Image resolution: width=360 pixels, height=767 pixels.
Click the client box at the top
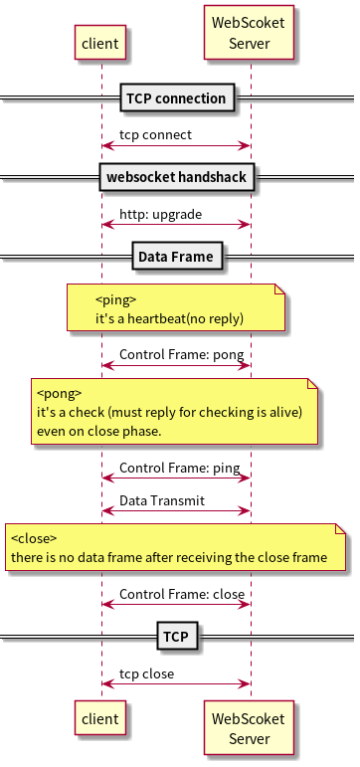pyautogui.click(x=100, y=43)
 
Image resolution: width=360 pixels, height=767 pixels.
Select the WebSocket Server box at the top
pyautogui.click(x=250, y=32)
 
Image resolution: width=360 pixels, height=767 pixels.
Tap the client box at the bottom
pyautogui.click(x=100, y=718)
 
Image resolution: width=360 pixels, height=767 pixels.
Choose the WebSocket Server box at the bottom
pyautogui.click(x=250, y=728)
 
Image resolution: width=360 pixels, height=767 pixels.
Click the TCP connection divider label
pyautogui.click(x=178, y=97)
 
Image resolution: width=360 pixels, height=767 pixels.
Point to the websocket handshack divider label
pyautogui.click(x=178, y=178)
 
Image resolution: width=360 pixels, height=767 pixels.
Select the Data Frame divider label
pyautogui.click(x=175, y=257)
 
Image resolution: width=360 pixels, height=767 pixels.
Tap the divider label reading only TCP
pyautogui.click(x=176, y=635)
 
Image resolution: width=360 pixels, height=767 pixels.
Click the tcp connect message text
pyautogui.click(x=156, y=134)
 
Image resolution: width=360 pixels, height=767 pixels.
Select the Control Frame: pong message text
pyautogui.click(x=182, y=354)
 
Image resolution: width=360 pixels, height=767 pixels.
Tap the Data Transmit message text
pyautogui.click(x=162, y=500)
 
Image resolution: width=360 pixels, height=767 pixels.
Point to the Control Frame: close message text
pyautogui.click(x=182, y=594)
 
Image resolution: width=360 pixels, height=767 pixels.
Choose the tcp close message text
pyautogui.click(x=147, y=673)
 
